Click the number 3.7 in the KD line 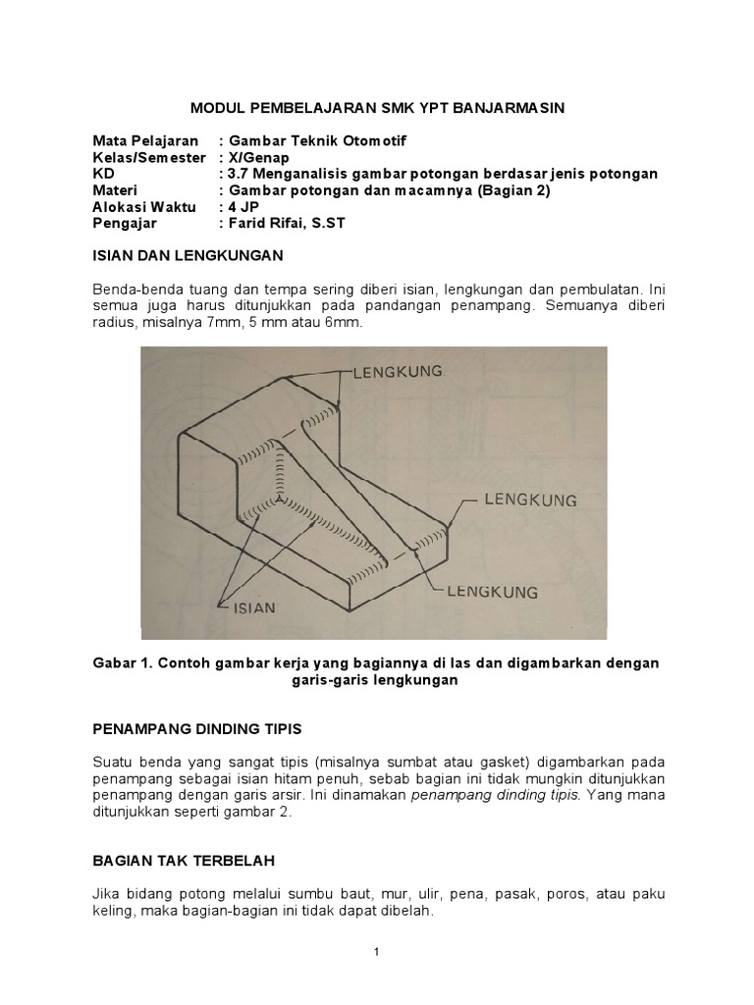pos(240,174)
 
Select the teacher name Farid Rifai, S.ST pos(295,224)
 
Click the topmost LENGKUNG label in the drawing pos(396,372)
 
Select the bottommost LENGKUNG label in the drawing pos(493,592)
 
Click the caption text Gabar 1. pos(120,663)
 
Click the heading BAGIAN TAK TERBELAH pos(184,860)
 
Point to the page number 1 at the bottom pos(376,951)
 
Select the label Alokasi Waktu pos(145,207)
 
